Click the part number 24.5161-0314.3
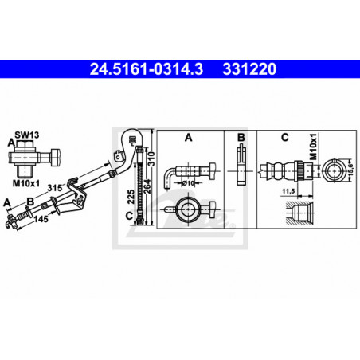tap(147, 69)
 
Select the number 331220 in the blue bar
tap(249, 69)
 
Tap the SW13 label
tap(27, 135)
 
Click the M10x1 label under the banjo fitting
tap(26, 183)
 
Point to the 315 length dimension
tap(54, 188)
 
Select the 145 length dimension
tap(41, 219)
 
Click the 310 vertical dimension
tap(151, 158)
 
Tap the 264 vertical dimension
tap(147, 186)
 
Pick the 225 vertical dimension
tap(131, 197)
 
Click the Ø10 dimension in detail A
tap(189, 183)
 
